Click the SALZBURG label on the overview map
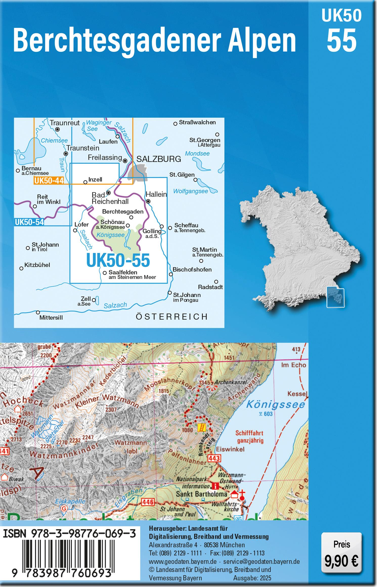pyautogui.click(x=159, y=159)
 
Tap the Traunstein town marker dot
pyautogui.click(x=66, y=154)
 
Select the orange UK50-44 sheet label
pyautogui.click(x=48, y=181)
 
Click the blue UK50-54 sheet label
pyautogui.click(x=29, y=222)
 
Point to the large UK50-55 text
pyautogui.click(x=118, y=260)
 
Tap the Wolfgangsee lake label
pyautogui.click(x=190, y=191)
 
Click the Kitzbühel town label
pyautogui.click(x=37, y=265)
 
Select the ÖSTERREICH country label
pyautogui.click(x=172, y=316)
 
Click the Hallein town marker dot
pyautogui.click(x=148, y=202)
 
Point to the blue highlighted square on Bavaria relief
pyautogui.click(x=335, y=297)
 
